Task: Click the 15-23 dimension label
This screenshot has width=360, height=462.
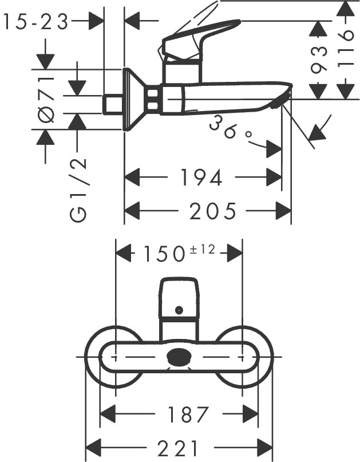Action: (x=35, y=22)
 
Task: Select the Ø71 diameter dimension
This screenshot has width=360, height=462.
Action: (x=46, y=98)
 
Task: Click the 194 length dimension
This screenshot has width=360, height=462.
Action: (x=201, y=178)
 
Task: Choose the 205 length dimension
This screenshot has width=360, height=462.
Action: (x=213, y=212)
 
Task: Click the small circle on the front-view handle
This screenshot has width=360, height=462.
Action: (x=179, y=310)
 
